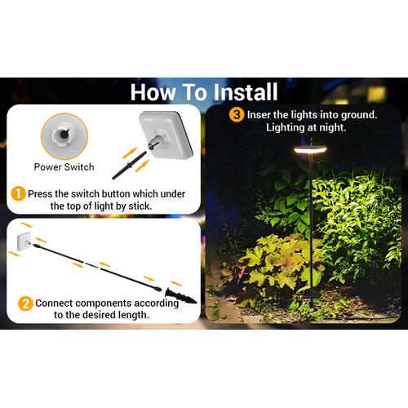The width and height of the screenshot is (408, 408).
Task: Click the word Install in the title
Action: click(246, 92)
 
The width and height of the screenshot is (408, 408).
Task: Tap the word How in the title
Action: click(153, 92)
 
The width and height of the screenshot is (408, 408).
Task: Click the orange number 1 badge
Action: click(18, 193)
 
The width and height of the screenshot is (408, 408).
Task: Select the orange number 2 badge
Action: click(25, 304)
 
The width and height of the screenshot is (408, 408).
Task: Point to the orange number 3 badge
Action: click(237, 114)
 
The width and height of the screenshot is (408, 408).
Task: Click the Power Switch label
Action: click(64, 167)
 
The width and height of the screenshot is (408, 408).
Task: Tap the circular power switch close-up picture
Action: click(64, 136)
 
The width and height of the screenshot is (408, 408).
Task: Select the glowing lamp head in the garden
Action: click(310, 149)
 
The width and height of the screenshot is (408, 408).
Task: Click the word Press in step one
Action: click(40, 194)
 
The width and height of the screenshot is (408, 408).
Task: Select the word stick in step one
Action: click(140, 206)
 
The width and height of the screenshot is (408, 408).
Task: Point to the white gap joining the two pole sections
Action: click(92, 265)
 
